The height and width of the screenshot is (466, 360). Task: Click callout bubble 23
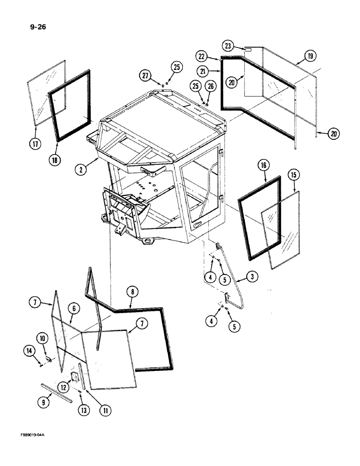point(228,46)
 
